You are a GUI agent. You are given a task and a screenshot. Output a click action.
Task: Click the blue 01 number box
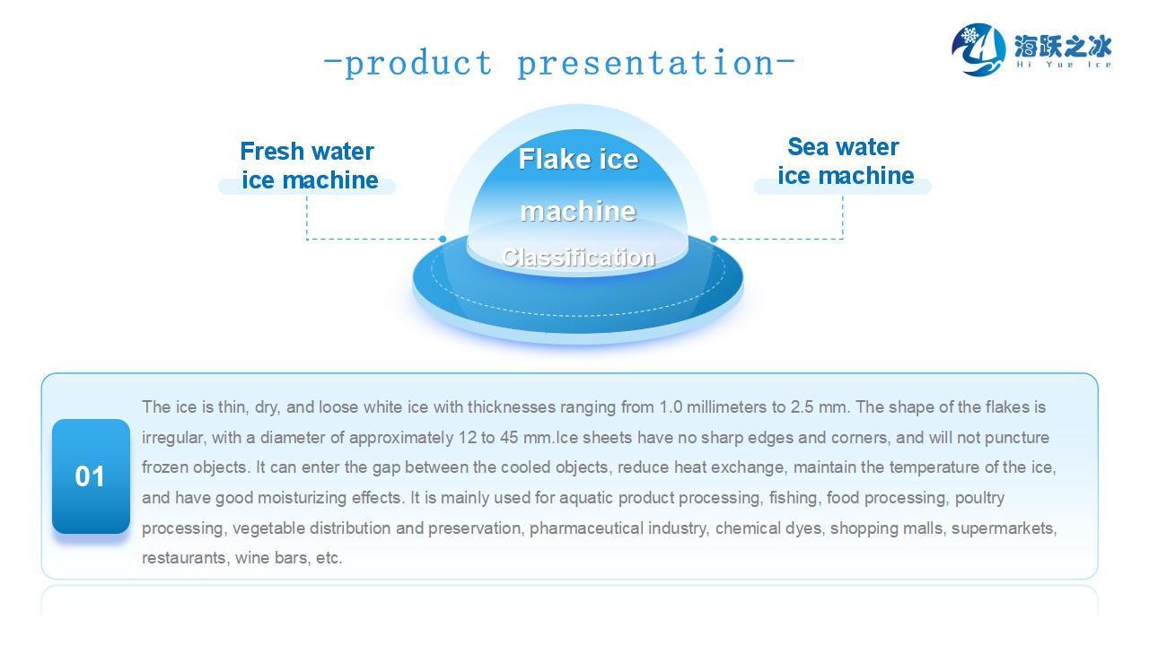[x=91, y=476]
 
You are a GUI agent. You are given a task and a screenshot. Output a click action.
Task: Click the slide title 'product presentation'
[x=558, y=64]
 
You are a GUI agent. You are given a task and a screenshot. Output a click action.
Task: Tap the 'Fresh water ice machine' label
[x=308, y=166]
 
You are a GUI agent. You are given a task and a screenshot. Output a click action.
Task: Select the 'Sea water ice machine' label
[x=844, y=161]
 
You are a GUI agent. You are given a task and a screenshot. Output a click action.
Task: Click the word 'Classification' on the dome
[x=579, y=258]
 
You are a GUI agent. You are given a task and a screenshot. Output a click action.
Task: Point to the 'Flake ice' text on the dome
[x=579, y=160]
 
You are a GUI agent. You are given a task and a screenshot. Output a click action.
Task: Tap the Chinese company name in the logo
[x=1063, y=45]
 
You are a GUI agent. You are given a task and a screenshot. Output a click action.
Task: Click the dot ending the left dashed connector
[x=443, y=239]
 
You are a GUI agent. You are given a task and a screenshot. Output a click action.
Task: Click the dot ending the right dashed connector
[x=714, y=239]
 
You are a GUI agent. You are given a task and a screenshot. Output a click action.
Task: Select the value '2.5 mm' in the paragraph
[x=819, y=407]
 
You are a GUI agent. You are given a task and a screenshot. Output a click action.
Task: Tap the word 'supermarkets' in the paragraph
[x=1004, y=528]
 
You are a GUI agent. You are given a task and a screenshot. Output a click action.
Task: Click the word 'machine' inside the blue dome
[x=579, y=212]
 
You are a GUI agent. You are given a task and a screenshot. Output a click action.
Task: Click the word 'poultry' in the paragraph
[x=980, y=498]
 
